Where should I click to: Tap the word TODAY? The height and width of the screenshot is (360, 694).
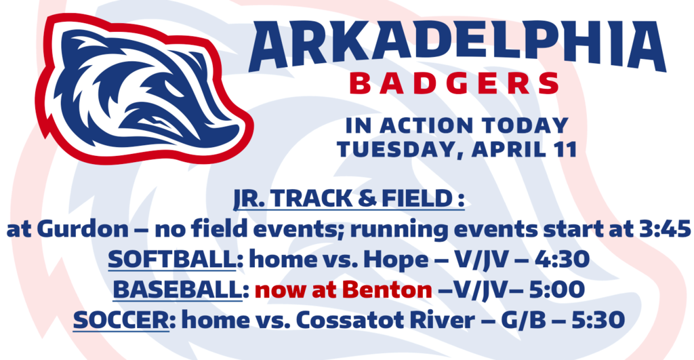point(525,125)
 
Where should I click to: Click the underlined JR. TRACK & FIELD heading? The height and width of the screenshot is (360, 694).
point(349,199)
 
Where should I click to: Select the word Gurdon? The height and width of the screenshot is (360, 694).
point(83,229)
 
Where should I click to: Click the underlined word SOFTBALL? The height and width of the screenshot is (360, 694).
point(172,259)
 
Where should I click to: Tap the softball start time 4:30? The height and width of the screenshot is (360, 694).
point(562,259)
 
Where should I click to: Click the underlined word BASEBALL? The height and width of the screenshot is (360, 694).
point(178,290)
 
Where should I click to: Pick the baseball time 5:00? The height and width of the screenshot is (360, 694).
point(557,289)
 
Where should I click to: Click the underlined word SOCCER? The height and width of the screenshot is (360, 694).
point(121,320)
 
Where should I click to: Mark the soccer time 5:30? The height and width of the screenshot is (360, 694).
point(598,320)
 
